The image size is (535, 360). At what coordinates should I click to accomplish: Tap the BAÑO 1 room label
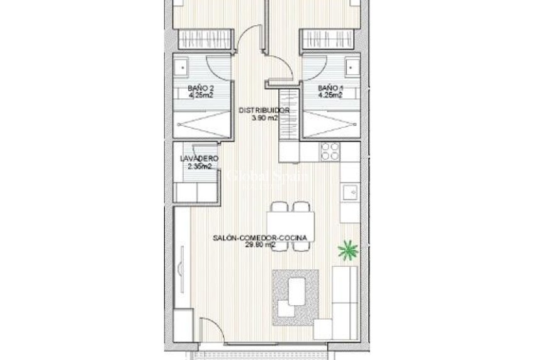329,88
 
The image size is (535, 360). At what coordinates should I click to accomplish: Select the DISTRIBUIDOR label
264,110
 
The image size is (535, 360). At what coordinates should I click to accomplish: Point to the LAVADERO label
199,159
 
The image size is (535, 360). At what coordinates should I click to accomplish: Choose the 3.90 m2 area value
264,117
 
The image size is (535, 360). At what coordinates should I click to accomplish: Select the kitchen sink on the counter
350,191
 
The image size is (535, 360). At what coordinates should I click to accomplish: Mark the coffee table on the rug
294,292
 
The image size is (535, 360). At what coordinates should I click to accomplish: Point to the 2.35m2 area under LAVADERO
199,167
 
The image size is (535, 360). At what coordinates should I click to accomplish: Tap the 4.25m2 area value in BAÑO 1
330,96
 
